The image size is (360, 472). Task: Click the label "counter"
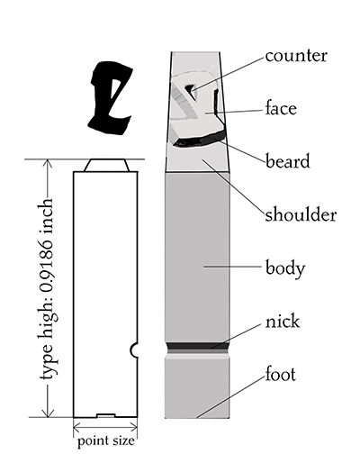[296, 56]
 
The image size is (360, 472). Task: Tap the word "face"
[281, 108]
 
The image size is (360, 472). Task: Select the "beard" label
[287, 160]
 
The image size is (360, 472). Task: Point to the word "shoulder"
[301, 214]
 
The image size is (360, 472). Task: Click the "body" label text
[285, 268]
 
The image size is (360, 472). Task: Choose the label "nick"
[282, 322]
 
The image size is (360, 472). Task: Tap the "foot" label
[280, 374]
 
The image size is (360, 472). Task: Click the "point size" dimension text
[106, 441]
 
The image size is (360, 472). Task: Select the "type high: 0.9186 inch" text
[48, 288]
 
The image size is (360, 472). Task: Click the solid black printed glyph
[111, 98]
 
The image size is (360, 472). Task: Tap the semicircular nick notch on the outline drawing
[134, 350]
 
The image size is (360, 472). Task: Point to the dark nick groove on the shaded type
[197, 346]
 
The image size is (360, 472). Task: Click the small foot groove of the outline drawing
[106, 415]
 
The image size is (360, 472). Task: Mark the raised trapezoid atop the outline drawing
[107, 165]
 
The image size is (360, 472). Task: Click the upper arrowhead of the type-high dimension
[48, 163]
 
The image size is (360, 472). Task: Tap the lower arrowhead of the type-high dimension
[48, 413]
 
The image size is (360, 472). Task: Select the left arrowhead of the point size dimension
[77, 427]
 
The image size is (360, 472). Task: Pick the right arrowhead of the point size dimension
[134, 427]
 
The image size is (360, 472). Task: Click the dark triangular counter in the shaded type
[190, 88]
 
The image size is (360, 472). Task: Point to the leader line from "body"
[232, 266]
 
